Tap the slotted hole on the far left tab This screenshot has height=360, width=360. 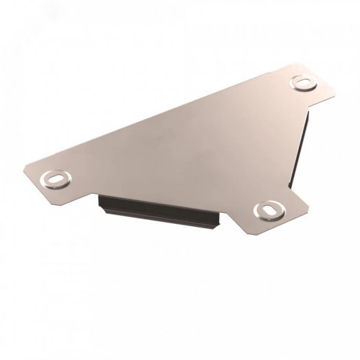(x=54, y=179)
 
